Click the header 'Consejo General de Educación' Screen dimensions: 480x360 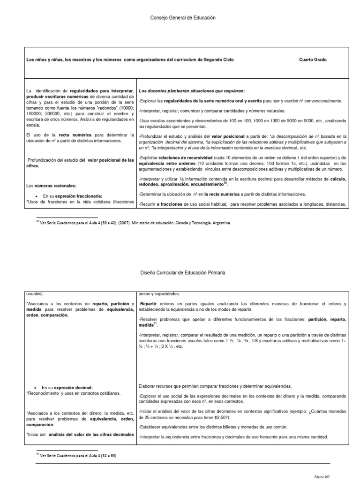click(x=180, y=17)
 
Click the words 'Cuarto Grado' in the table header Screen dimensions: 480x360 click(x=313, y=60)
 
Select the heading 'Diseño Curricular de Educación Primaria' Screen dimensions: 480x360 click(x=180, y=272)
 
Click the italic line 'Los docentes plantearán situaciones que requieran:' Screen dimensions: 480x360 click(x=191, y=90)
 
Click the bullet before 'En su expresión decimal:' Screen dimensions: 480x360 click(x=36, y=388)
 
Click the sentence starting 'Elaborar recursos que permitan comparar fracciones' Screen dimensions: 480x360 click(x=215, y=386)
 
